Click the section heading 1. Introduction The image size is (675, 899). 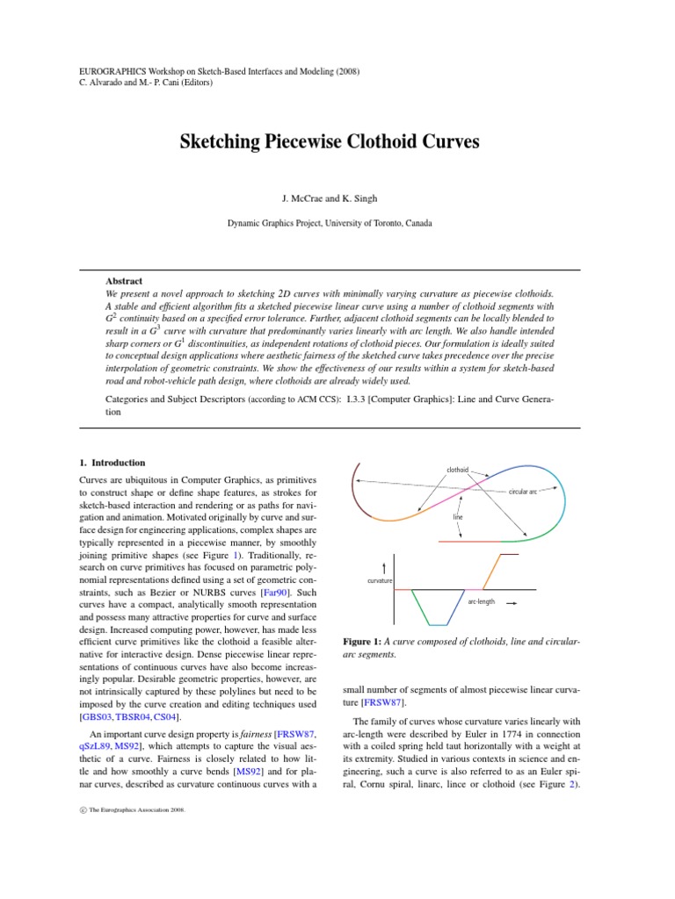112,463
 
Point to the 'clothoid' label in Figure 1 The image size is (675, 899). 458,471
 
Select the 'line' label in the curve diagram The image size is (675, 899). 458,517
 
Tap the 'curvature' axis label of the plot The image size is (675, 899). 380,581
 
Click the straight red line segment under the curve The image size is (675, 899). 470,543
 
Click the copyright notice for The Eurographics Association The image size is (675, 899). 119,810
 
